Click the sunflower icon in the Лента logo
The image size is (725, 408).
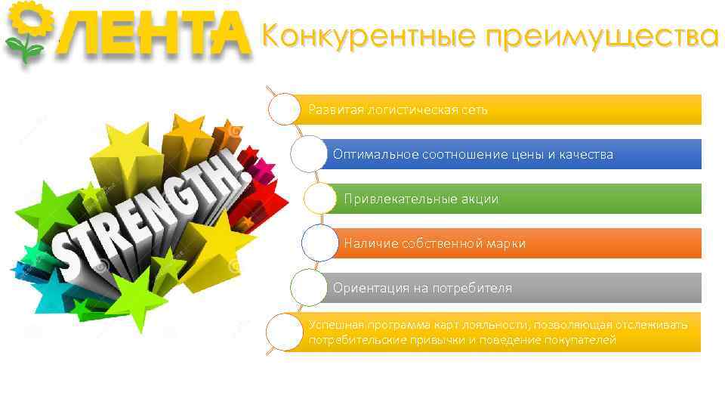[x=24, y=29]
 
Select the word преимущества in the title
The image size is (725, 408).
[x=600, y=36]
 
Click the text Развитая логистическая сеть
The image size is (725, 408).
[x=398, y=110]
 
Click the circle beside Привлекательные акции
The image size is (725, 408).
[x=320, y=199]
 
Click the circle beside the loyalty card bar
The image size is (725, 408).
[x=285, y=332]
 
